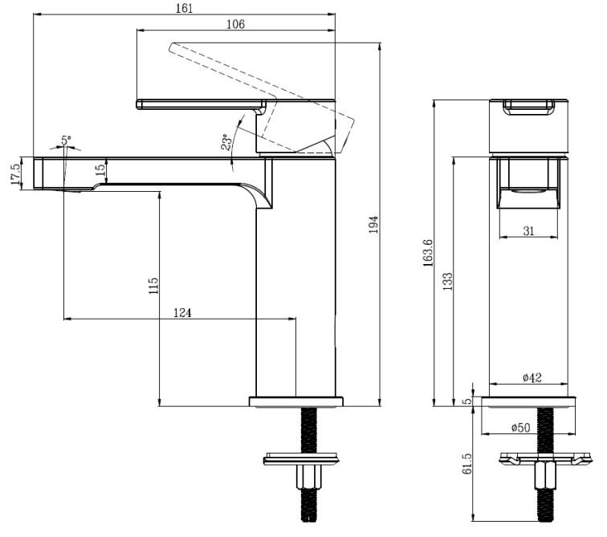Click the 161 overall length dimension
185,7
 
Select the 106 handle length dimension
235,24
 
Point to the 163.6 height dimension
427,252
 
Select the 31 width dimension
528,230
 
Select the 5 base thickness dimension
469,401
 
